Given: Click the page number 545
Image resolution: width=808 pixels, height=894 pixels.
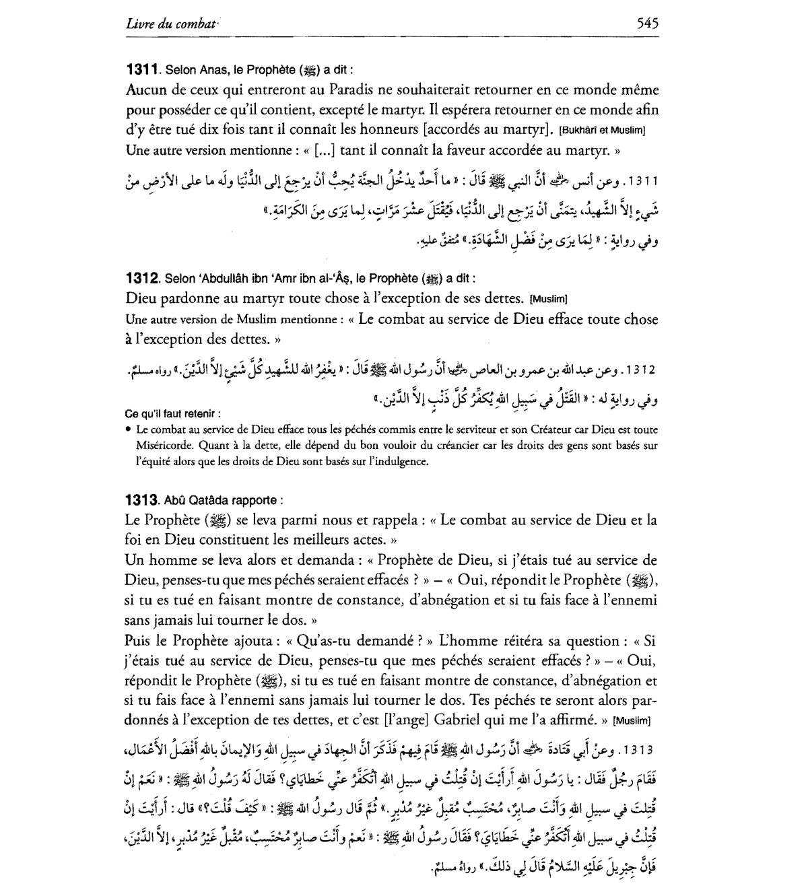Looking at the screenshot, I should click(647, 24).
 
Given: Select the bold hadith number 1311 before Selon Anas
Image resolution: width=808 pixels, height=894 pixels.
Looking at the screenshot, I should click(141, 69).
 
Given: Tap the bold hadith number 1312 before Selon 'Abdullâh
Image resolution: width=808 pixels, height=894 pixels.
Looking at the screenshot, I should click(141, 277).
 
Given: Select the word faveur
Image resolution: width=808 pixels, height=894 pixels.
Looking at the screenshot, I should click(467, 149).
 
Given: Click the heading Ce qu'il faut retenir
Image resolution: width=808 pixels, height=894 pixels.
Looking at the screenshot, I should click(172, 413).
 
